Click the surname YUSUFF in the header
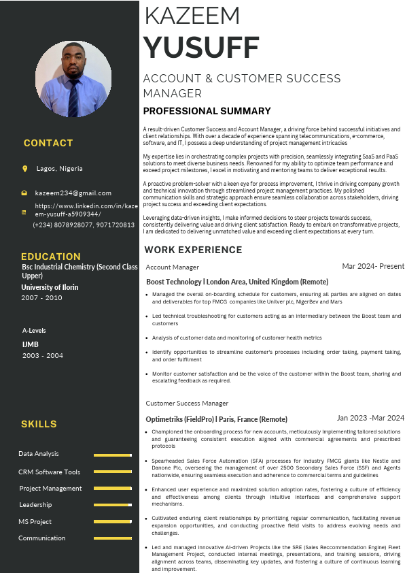tap(201, 48)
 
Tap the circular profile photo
tap(73, 78)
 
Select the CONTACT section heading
tap(48, 143)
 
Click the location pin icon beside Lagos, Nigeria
tap(25, 169)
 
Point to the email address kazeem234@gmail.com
tap(73, 193)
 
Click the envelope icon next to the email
tap(24, 193)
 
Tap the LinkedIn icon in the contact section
tap(24, 212)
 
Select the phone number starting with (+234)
tap(84, 225)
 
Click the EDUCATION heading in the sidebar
tap(51, 257)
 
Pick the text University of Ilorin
tap(50, 287)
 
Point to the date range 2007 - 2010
tap(41, 298)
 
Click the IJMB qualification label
tap(30, 344)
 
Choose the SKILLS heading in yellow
tap(39, 424)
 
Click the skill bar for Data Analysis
tap(112, 455)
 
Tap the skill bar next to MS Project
tap(112, 522)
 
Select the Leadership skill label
tap(36, 505)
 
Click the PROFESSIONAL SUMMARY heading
tap(207, 111)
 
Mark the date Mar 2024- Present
tap(373, 266)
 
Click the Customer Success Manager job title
tap(187, 404)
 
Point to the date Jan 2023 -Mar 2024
tap(370, 418)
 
